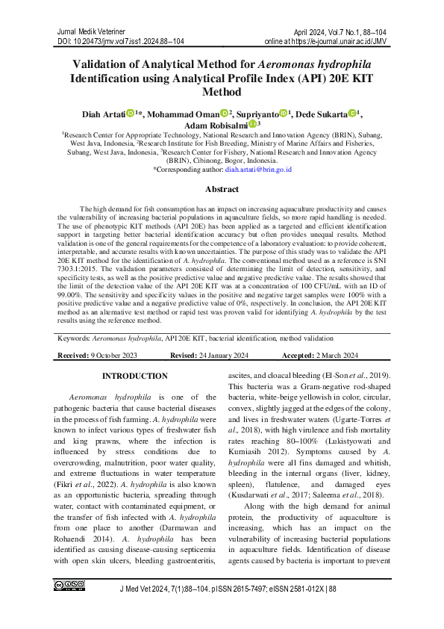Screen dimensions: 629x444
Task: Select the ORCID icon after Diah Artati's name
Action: (130, 113)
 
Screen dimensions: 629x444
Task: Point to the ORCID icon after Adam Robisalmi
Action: (251, 125)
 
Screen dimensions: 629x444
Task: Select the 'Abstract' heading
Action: (222, 190)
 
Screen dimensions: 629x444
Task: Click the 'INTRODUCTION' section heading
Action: (135, 376)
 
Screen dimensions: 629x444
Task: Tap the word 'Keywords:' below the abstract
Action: (75, 338)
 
